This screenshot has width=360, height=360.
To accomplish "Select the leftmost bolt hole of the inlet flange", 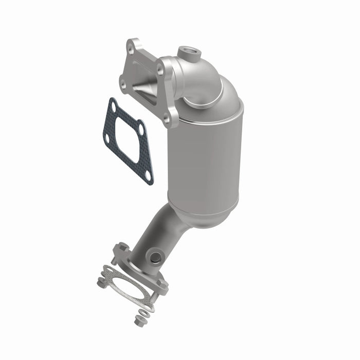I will point(122,82).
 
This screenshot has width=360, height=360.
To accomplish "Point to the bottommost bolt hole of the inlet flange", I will point(166,119).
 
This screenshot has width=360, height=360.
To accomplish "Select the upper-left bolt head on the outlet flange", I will point(122,248).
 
